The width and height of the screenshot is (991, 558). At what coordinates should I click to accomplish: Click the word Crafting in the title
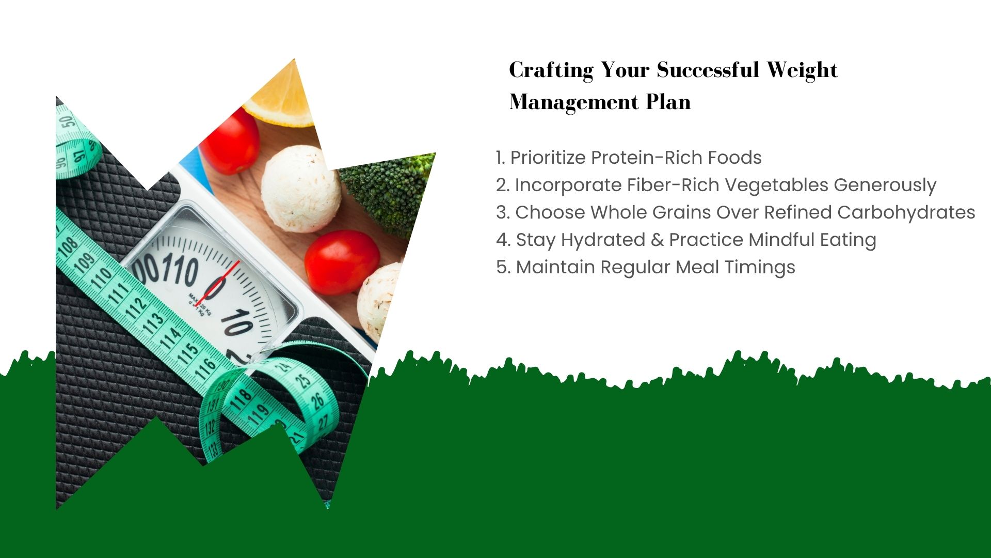pyautogui.click(x=551, y=70)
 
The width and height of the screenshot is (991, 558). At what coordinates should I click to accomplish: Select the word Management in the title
pyautogui.click(x=574, y=102)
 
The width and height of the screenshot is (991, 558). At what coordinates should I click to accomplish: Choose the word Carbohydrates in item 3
pyautogui.click(x=906, y=212)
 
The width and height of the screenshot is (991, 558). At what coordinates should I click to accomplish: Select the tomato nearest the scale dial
pyautogui.click(x=342, y=262)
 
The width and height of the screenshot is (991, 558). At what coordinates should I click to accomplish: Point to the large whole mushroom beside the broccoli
pyautogui.click(x=301, y=188)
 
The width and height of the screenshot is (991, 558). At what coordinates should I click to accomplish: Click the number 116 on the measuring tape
pyautogui.click(x=205, y=369)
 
